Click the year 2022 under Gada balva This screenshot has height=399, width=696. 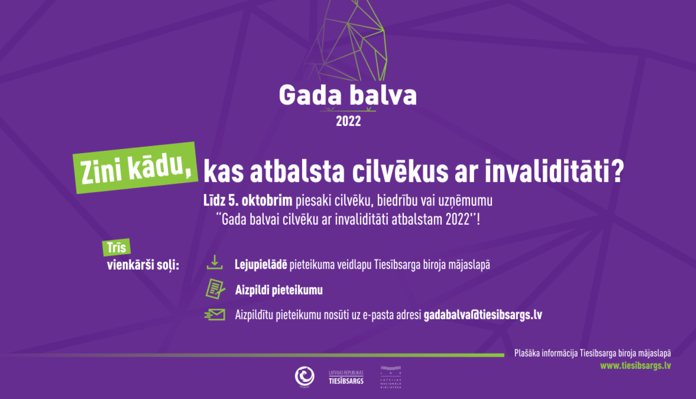pos(348,121)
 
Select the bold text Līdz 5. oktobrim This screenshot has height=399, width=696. pos(248,200)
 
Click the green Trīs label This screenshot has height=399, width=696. pos(116,247)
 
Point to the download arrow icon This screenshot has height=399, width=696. pos(214,262)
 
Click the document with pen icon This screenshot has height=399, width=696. pos(215,289)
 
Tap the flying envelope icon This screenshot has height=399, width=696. pos(215,315)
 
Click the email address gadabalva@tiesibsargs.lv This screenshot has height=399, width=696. pos(483,315)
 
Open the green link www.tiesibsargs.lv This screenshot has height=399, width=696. pos(635,366)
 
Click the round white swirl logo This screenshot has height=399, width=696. pos(305,376)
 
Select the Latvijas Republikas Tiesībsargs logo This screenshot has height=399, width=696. pos(346,377)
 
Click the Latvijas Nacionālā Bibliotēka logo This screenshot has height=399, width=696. pos(391,377)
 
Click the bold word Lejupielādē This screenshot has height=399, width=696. pos(261,264)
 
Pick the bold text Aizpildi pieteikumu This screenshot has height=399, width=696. pos(279,290)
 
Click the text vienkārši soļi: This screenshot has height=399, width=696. pos(143,265)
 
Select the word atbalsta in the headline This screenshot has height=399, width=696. pos(297,172)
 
